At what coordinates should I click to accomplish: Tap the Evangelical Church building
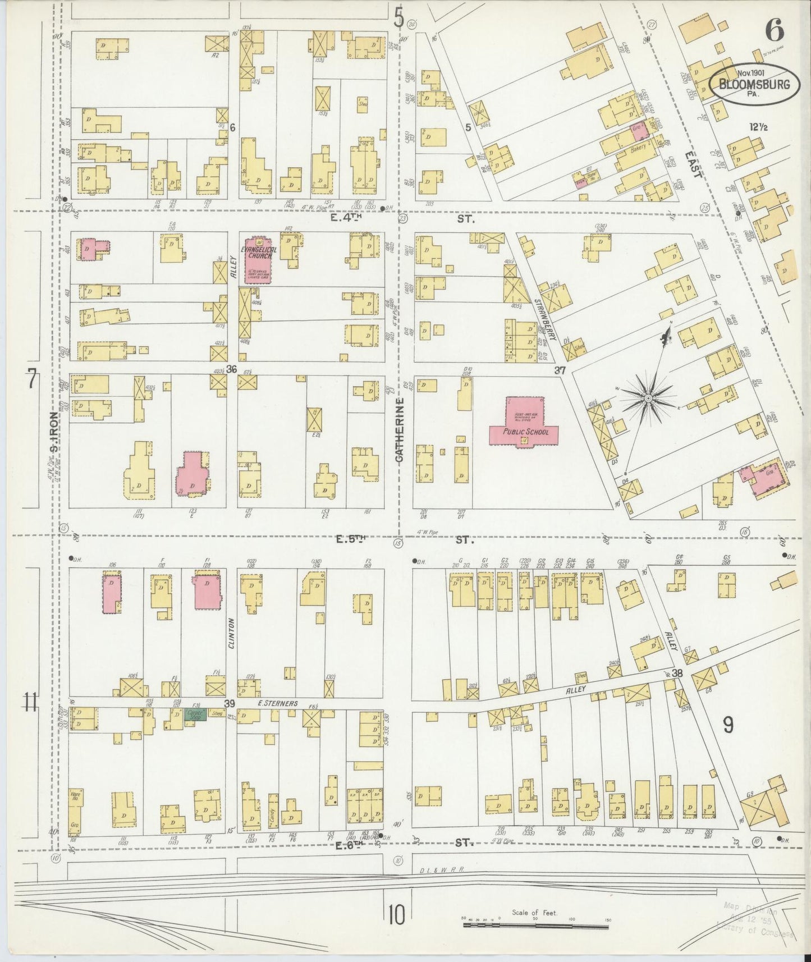coord(258,260)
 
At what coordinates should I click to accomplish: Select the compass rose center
coord(648,398)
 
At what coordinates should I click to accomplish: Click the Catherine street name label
coord(400,430)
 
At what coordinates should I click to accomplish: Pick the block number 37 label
coord(559,370)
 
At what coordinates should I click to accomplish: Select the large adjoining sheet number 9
coord(727,726)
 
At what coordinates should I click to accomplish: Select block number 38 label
coord(677,673)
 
